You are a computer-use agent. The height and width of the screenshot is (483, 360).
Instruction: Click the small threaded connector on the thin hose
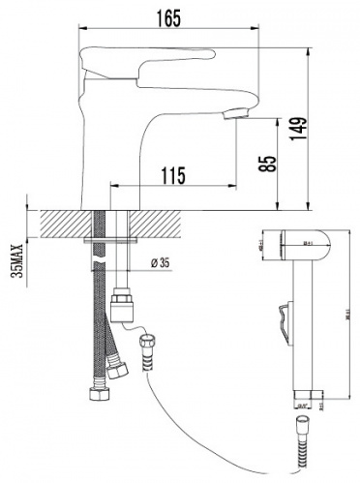pyautogui.click(x=150, y=347)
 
